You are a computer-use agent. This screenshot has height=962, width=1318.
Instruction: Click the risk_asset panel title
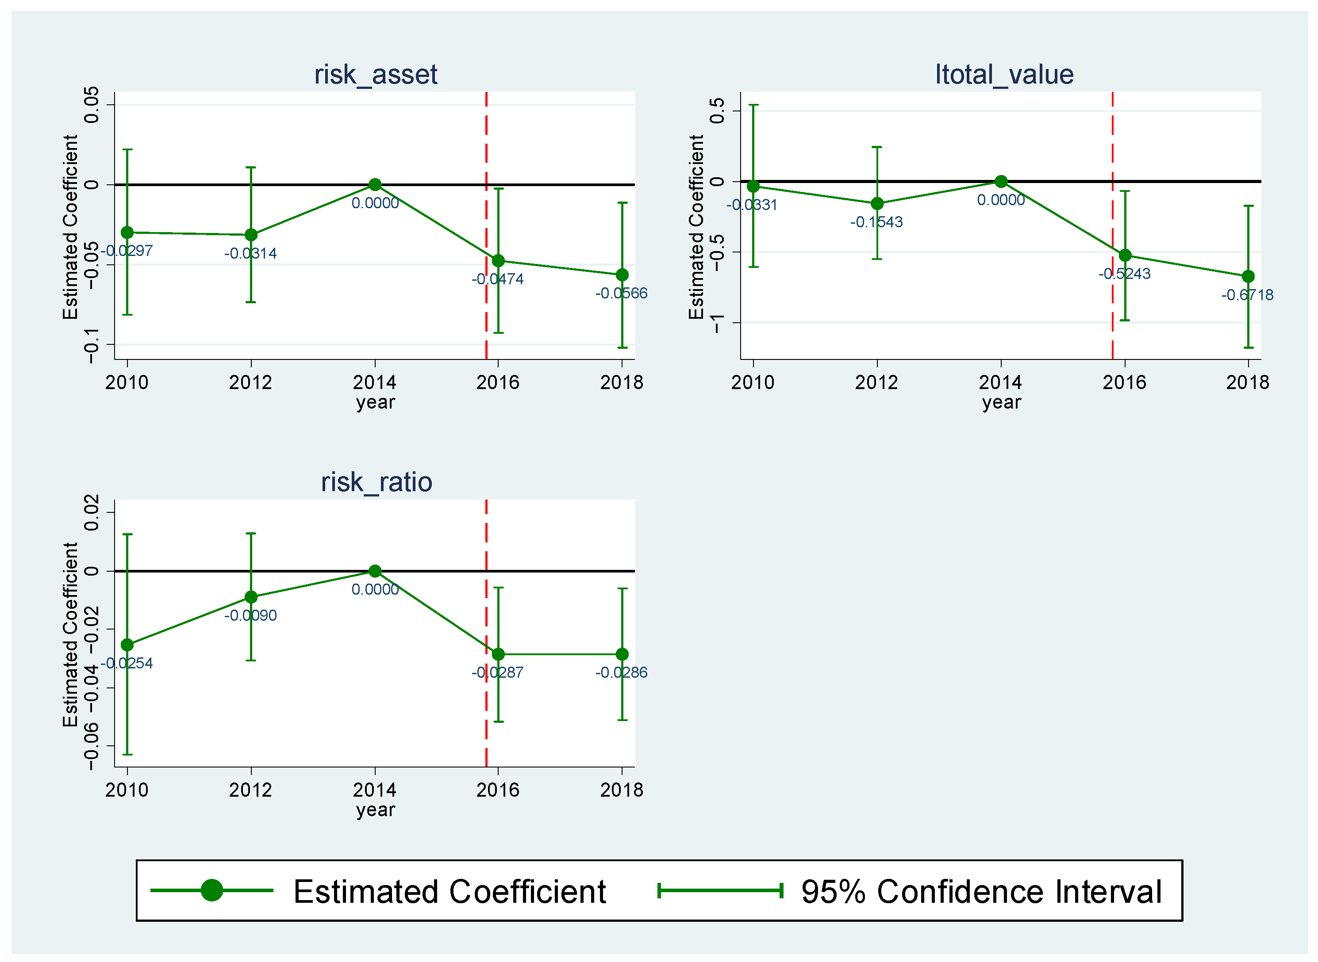pyautogui.click(x=375, y=75)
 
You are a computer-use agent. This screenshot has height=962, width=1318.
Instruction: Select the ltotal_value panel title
pyautogui.click(x=1004, y=75)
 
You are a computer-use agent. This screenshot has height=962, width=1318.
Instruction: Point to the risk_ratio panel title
pyautogui.click(x=377, y=482)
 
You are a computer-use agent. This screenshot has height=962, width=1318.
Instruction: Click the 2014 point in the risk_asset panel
pyautogui.click(x=375, y=185)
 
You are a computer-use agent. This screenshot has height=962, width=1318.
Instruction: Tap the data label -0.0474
pyautogui.click(x=498, y=279)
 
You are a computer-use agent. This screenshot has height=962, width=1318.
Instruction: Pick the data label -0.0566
pyautogui.click(x=621, y=294)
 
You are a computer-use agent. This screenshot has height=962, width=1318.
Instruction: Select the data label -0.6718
pyautogui.click(x=1248, y=295)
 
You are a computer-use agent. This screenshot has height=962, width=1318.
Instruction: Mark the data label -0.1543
pyautogui.click(x=876, y=222)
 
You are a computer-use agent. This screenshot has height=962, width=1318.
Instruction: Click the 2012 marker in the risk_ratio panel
pyautogui.click(x=251, y=597)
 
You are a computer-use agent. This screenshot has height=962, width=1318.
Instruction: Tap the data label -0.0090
pyautogui.click(x=250, y=615)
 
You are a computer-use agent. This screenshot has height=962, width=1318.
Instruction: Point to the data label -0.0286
pyautogui.click(x=621, y=672)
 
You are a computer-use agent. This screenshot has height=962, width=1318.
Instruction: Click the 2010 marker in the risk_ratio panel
pyautogui.click(x=127, y=645)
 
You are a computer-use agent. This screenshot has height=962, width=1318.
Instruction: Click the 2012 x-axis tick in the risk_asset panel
pyautogui.click(x=250, y=382)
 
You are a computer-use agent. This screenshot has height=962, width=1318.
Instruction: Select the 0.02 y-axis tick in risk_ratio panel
pyautogui.click(x=92, y=512)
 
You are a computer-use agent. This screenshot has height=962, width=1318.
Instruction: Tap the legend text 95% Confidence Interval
pyautogui.click(x=981, y=892)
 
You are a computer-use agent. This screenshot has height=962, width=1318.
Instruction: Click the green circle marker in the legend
pyautogui.click(x=211, y=890)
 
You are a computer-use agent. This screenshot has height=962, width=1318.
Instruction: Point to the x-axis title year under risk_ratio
pyautogui.click(x=375, y=809)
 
